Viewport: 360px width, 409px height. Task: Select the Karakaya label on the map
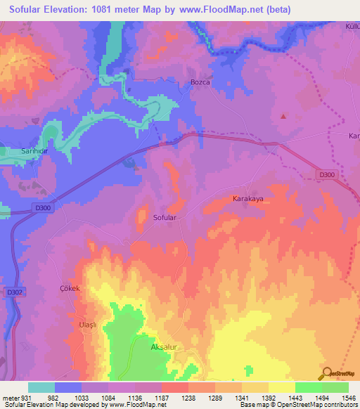pyautogui.click(x=247, y=199)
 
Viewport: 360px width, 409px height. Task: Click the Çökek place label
pyautogui.click(x=71, y=289)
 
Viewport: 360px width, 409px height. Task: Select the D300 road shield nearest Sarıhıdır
pyautogui.click(x=42, y=208)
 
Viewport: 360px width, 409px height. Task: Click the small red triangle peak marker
pyautogui.click(x=283, y=116)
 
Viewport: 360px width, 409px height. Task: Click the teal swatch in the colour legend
pyautogui.click(x=41, y=387)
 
